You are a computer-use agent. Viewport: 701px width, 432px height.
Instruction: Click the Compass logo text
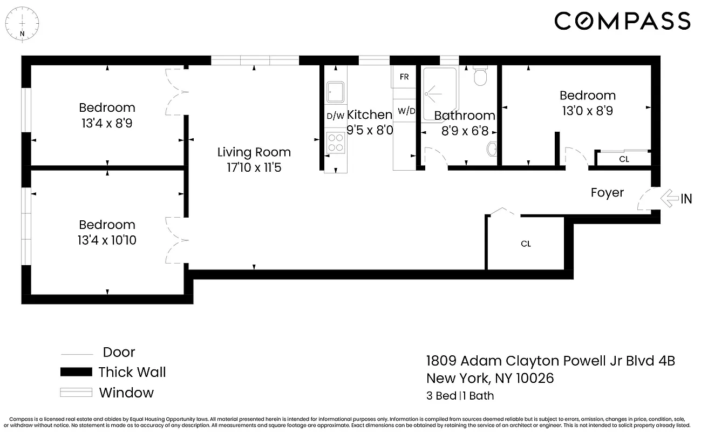pos(622,21)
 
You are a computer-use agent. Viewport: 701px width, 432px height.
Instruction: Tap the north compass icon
pos(22,22)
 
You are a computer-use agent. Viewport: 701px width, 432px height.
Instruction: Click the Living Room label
pos(254,152)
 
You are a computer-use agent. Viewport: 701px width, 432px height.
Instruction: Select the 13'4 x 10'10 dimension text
pos(107,240)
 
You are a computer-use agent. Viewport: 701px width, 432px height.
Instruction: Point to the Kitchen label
pos(369,114)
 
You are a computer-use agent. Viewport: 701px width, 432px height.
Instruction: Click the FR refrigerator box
pos(404,77)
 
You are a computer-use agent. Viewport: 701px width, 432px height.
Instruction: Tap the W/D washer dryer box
pos(406,111)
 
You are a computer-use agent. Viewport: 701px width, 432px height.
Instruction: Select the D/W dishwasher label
pos(335,116)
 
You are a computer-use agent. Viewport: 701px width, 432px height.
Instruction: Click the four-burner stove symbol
pos(335,141)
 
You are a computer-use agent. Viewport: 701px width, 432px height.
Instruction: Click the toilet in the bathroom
pos(480,77)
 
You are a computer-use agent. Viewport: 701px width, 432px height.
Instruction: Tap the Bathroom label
pos(464,116)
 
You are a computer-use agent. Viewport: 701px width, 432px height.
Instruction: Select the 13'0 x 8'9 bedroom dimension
pos(587,111)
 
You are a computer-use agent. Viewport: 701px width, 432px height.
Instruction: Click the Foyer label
pos(607,193)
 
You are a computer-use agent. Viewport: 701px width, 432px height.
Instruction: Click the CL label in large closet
pos(526,244)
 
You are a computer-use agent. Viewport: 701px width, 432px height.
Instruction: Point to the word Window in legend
pos(126,393)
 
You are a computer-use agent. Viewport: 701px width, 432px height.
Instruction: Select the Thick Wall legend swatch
pos(76,372)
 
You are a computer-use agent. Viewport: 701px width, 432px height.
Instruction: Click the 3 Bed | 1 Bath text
pos(460,395)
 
